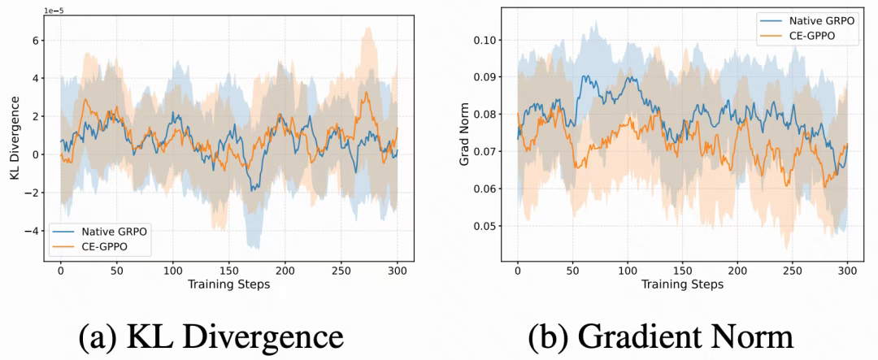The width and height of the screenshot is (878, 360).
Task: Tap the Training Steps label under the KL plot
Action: tap(228, 284)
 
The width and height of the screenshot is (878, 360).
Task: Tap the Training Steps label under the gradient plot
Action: tap(681, 284)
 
